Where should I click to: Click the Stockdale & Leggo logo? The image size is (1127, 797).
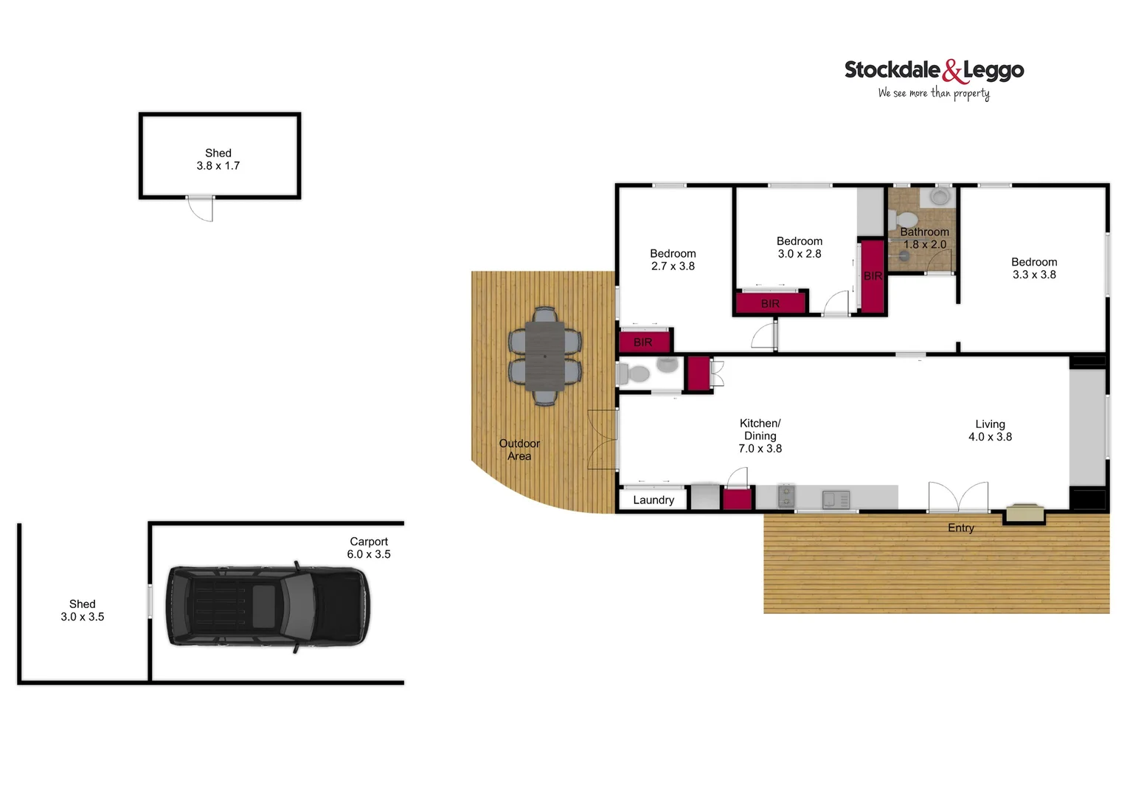click(934, 71)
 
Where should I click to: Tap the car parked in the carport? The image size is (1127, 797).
click(268, 605)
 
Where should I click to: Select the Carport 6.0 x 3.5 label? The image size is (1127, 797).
click(369, 548)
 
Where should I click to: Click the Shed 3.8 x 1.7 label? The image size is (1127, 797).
click(218, 159)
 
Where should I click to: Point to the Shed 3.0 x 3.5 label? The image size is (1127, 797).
click(83, 610)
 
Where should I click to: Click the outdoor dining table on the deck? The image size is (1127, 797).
click(545, 356)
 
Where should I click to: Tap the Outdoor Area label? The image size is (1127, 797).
click(519, 449)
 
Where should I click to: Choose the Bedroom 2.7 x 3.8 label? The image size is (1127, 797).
click(673, 260)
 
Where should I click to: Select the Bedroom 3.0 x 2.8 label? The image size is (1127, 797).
click(800, 247)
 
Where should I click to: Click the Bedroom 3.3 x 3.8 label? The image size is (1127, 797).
click(1034, 268)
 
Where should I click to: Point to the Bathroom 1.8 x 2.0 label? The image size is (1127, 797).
click(924, 238)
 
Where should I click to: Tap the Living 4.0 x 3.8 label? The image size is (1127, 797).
click(990, 430)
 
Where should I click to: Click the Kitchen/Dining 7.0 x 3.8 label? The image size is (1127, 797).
click(760, 435)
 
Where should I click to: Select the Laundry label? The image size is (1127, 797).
click(653, 500)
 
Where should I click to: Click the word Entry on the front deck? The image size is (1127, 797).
click(961, 528)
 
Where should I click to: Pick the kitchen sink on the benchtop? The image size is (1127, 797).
click(836, 499)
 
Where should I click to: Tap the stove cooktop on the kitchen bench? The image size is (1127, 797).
click(786, 497)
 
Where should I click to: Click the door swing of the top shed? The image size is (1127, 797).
click(201, 209)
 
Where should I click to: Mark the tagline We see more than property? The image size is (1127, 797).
click(934, 93)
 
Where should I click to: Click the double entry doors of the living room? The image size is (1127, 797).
click(958, 497)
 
